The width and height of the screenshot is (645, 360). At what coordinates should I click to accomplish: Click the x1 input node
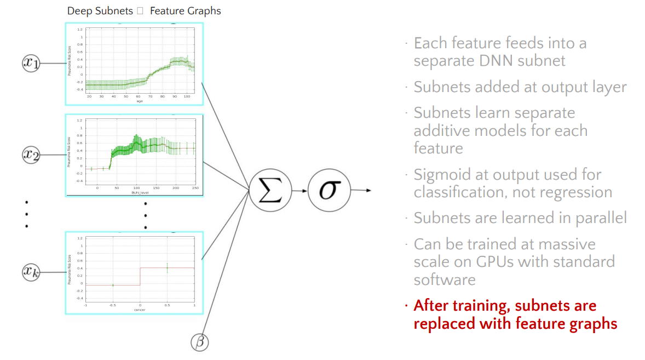(32, 64)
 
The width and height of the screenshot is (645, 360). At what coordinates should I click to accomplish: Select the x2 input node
(31, 155)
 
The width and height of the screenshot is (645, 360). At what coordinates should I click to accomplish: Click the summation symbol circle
(269, 191)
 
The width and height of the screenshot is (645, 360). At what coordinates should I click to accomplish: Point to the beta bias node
(200, 342)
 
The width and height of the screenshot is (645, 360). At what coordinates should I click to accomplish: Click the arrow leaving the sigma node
(361, 191)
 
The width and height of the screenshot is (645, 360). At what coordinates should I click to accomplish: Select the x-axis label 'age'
(140, 101)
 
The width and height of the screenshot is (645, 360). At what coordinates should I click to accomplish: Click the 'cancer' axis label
(140, 310)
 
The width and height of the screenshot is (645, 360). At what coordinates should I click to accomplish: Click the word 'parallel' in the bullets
(601, 218)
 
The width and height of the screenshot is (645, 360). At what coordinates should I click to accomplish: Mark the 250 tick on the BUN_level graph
(194, 188)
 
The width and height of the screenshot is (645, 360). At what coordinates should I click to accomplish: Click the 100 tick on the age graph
(186, 96)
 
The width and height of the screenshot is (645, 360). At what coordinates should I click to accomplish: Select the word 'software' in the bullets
(445, 279)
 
